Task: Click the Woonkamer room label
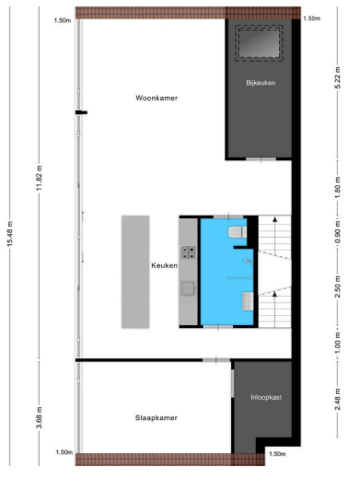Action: (156, 98)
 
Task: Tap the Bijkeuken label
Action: (261, 83)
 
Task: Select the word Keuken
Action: (164, 266)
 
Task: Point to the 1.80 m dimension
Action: (337, 190)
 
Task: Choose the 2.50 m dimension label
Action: (337, 292)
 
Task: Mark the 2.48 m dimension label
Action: (337, 400)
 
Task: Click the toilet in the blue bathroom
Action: (238, 232)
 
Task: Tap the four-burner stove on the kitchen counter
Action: (188, 251)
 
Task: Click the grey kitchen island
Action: (134, 272)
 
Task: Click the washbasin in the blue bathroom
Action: (248, 300)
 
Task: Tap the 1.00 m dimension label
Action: (337, 348)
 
